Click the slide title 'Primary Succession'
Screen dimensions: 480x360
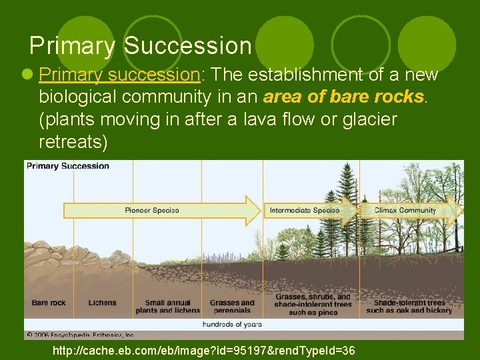[140, 46]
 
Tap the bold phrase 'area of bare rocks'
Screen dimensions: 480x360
[344, 97]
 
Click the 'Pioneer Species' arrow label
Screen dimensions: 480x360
[152, 210]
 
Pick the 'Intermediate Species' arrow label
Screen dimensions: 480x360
[304, 210]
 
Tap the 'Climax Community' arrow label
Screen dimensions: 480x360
[405, 210]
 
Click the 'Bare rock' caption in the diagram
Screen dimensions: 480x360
[49, 303]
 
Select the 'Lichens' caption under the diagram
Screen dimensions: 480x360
[102, 303]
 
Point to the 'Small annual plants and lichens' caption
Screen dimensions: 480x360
[167, 306]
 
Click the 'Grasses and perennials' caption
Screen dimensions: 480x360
[232, 306]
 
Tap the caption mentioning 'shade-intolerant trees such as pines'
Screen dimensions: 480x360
[313, 305]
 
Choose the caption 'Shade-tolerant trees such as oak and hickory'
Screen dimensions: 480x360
[409, 306]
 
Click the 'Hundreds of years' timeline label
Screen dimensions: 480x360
[232, 324]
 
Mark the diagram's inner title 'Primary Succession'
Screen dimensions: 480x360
[67, 166]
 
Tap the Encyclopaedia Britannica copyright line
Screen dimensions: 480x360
[80, 335]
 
